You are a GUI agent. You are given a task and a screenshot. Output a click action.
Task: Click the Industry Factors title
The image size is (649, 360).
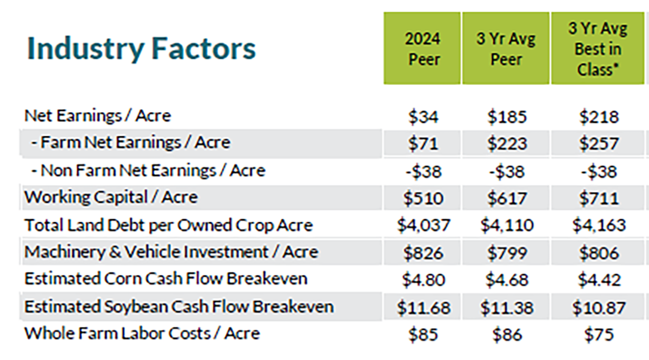[x=141, y=49]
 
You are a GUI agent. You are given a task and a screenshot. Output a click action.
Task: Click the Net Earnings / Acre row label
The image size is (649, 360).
[x=98, y=116]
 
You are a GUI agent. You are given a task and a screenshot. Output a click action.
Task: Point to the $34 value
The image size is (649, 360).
[x=423, y=117]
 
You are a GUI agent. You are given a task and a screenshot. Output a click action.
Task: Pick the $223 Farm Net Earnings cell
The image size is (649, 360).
[x=507, y=143]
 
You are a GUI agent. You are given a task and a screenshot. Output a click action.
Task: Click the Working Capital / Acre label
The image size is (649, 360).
[x=111, y=197]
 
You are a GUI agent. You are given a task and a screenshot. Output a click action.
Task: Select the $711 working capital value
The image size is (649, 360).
[x=599, y=198]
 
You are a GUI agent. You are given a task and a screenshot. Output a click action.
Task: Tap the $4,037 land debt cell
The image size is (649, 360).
[x=423, y=225]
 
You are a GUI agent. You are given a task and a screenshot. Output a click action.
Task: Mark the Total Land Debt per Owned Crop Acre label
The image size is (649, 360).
[x=168, y=225]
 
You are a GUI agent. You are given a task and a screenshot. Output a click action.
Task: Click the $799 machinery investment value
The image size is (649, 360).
[x=507, y=253]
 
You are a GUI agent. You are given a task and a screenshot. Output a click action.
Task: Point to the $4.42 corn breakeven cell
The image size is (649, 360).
[x=599, y=280]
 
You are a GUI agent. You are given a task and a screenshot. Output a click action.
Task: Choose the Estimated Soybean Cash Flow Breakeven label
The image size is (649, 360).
[x=179, y=306]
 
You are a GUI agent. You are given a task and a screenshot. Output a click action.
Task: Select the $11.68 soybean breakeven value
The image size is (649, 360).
[x=423, y=308]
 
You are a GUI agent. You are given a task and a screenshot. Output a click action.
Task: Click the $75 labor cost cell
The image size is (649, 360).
[x=599, y=335]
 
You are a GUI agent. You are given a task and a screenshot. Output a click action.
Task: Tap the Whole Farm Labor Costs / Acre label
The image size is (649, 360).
[x=142, y=334]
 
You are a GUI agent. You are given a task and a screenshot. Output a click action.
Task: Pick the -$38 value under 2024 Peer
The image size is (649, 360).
[x=423, y=171]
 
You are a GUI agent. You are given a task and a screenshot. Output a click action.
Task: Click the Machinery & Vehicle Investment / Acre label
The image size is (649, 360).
[x=171, y=252]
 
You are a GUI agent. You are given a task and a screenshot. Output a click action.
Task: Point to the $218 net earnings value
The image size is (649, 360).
[x=599, y=117]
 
